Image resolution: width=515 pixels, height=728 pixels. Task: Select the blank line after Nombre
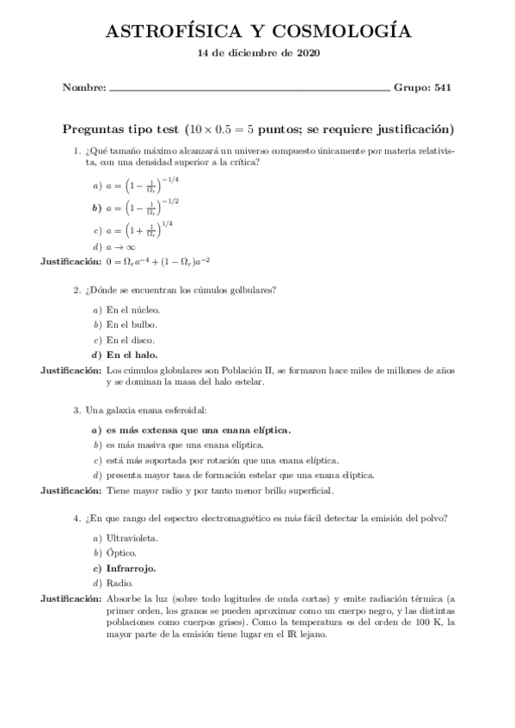point(249,88)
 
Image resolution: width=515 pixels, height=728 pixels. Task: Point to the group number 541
point(443,87)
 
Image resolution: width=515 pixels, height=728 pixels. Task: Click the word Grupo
point(412,87)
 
